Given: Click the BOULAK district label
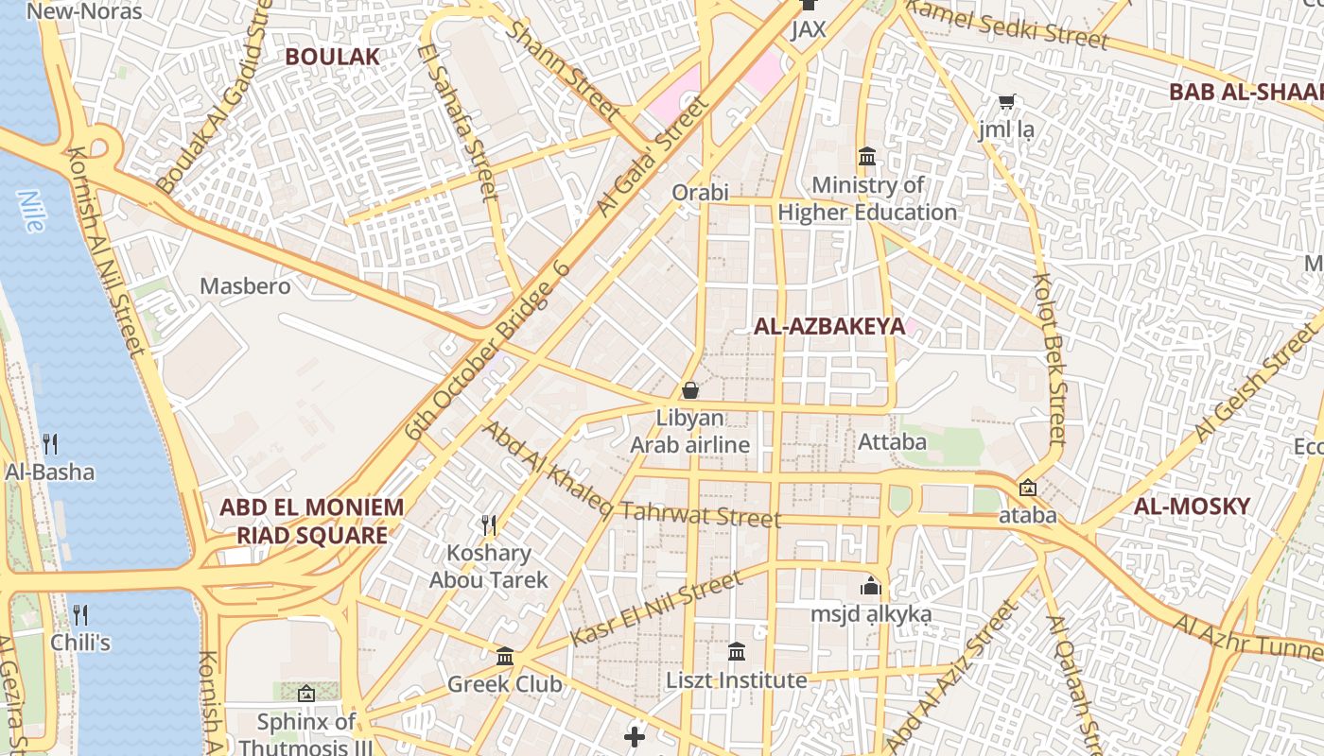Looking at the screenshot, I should (x=332, y=57).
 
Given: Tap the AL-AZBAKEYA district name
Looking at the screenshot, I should (x=829, y=327).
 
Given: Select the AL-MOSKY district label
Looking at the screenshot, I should (x=1192, y=507).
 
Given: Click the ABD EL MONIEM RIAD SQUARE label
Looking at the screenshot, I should (x=311, y=522).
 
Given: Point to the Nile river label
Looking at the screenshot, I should (x=31, y=211).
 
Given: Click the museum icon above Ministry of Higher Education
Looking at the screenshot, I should (x=867, y=157).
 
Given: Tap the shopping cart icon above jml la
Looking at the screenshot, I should (x=1007, y=101).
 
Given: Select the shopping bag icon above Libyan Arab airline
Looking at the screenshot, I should (x=690, y=390).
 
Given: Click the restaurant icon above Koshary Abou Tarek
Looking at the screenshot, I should (x=489, y=524).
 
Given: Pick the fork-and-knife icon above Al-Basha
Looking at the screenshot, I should (x=50, y=443).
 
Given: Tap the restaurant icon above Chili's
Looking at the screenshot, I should (x=80, y=615).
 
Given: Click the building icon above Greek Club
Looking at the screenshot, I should (x=505, y=656).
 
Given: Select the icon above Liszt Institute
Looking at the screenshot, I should (x=737, y=651).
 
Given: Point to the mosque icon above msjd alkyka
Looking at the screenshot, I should (x=871, y=586).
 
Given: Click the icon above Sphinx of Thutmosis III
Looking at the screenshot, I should (x=305, y=694).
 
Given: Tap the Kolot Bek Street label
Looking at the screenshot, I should (x=1050, y=359).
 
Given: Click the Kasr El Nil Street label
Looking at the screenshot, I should (x=656, y=610).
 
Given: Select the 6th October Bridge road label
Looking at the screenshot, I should (x=488, y=350).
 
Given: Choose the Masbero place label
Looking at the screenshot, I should (x=245, y=285).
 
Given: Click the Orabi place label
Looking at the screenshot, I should (x=700, y=193).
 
